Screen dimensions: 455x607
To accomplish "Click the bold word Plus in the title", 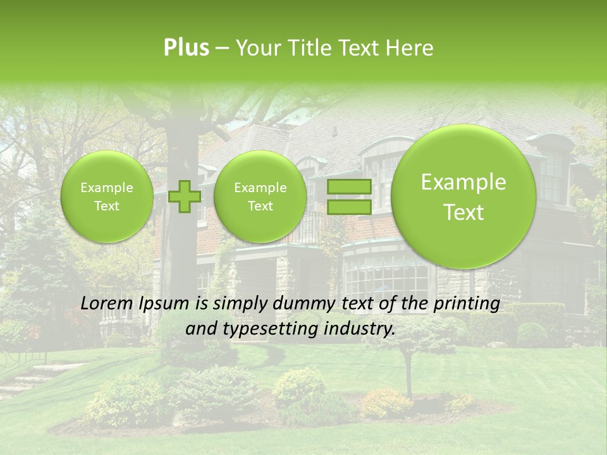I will click(x=186, y=48).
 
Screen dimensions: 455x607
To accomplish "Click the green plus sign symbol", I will click(x=185, y=196).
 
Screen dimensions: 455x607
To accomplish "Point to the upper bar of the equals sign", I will click(x=348, y=187).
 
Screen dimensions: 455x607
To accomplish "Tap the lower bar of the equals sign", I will click(x=348, y=207).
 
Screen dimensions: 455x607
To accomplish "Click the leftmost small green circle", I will click(x=107, y=197).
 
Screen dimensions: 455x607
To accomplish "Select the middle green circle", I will click(x=260, y=197).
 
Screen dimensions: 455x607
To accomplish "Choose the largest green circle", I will click(x=463, y=197).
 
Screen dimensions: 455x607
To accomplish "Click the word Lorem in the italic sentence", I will click(x=106, y=304).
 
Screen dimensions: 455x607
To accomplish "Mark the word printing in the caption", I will click(x=467, y=304).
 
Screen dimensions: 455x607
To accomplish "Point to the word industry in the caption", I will click(x=364, y=329).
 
